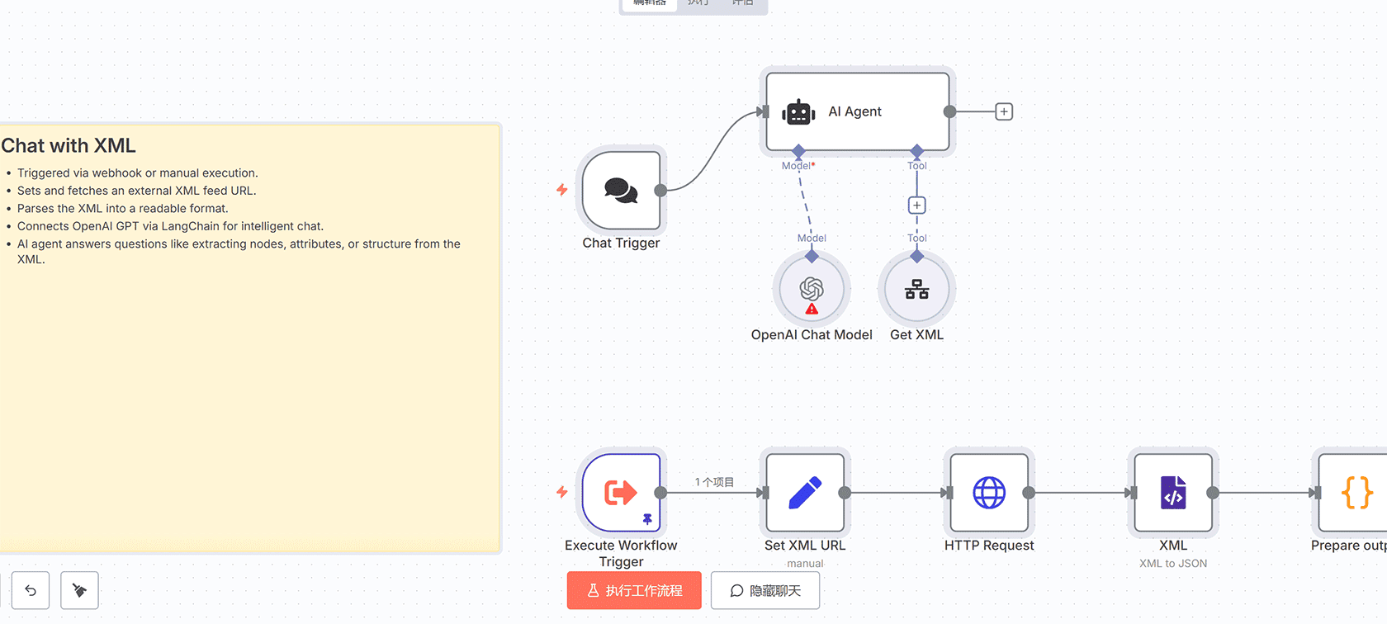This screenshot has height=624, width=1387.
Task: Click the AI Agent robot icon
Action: pos(798,112)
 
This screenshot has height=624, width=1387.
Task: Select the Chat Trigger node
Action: pos(622,191)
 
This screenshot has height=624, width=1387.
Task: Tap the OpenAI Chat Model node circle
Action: pos(812,288)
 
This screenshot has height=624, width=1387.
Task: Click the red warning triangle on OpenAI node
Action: pos(812,309)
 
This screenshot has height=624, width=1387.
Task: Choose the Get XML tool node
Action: pos(916,290)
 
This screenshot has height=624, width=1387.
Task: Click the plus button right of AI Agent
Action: pos(1004,111)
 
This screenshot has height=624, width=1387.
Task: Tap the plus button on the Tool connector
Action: pos(916,205)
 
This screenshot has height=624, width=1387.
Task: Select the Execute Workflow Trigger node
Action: pos(622,493)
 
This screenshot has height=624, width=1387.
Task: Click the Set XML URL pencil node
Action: pos(805,493)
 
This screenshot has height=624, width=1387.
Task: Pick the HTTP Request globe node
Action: pos(989,493)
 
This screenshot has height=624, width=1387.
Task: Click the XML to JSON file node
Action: pos(1173,493)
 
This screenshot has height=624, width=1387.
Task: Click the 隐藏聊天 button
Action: pos(765,591)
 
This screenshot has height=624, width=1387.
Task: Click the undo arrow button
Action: pos(31,590)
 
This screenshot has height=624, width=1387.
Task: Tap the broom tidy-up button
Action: pos(79,590)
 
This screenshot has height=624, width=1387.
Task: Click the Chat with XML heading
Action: pos(69,146)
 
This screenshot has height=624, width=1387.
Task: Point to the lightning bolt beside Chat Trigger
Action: pos(562,190)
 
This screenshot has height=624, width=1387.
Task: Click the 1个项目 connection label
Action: pos(714,482)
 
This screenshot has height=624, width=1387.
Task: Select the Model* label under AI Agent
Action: pos(798,166)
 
